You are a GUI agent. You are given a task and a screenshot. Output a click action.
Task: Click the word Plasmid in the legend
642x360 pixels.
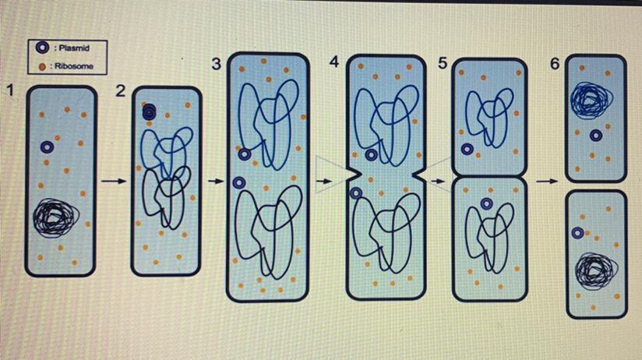[x=74, y=48]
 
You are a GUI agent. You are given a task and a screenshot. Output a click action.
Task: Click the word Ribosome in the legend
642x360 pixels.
[x=74, y=66]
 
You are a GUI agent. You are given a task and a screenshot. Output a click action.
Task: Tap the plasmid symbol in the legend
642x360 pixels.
[x=42, y=48]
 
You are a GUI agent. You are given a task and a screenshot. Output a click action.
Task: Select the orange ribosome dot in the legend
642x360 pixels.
[x=42, y=66]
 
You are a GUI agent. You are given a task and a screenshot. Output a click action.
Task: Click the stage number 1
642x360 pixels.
[x=11, y=90]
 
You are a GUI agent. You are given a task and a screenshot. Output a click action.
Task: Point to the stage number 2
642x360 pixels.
[x=120, y=90]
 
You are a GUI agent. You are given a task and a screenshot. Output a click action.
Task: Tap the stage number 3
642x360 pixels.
[x=217, y=64]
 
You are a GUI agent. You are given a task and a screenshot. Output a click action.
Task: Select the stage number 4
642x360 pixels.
[x=334, y=62]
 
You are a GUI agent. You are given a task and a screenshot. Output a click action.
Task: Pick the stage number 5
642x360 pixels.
[x=443, y=63]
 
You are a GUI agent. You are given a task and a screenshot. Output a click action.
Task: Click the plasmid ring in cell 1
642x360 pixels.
[x=48, y=147]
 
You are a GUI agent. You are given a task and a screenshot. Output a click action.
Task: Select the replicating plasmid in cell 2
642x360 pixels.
[x=149, y=111]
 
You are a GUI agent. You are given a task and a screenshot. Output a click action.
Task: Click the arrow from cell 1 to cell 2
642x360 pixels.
[x=114, y=181]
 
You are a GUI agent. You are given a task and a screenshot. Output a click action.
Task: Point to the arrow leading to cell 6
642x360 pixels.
[x=547, y=181]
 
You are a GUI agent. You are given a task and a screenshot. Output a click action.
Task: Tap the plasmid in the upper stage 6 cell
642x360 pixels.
[x=596, y=136]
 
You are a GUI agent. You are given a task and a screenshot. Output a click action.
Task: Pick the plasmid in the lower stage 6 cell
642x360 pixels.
[x=577, y=233]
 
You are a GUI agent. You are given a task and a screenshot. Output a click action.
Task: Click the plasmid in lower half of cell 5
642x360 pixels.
[x=486, y=203]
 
